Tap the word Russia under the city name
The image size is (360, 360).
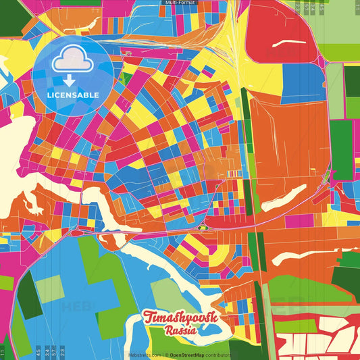(180, 332)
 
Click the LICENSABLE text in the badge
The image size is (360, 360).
(73, 95)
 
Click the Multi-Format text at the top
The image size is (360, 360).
(180, 3)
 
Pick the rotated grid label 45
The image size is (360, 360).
(38, 351)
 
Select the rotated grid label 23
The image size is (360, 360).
(62, 351)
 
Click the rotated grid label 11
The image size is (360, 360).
(3, 351)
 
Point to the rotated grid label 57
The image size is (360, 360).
(54, 351)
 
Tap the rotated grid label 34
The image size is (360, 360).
(46, 351)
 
